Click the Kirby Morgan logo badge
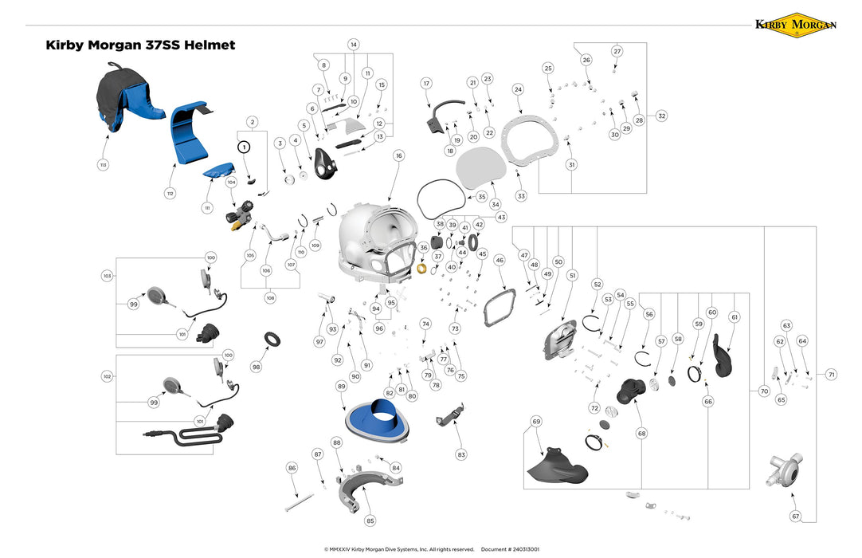(795, 24)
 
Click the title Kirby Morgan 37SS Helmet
(141, 45)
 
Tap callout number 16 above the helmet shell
(398, 155)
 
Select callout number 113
(103, 165)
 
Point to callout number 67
(795, 517)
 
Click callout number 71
(831, 374)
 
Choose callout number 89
(341, 386)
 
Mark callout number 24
(518, 89)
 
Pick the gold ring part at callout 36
(423, 267)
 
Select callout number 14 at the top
(353, 44)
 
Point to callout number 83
(460, 454)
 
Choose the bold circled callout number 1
(245, 147)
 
